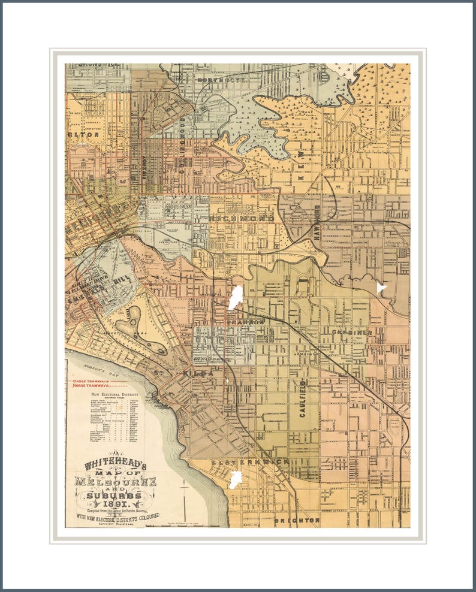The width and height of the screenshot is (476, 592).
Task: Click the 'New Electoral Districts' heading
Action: coord(112,395)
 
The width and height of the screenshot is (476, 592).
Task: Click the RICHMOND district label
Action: coord(242,219)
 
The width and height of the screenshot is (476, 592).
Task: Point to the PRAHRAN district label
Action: coord(246,322)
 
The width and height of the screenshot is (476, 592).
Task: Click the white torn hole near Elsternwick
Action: coord(236,479)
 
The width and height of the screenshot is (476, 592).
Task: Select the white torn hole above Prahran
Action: coord(235,298)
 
